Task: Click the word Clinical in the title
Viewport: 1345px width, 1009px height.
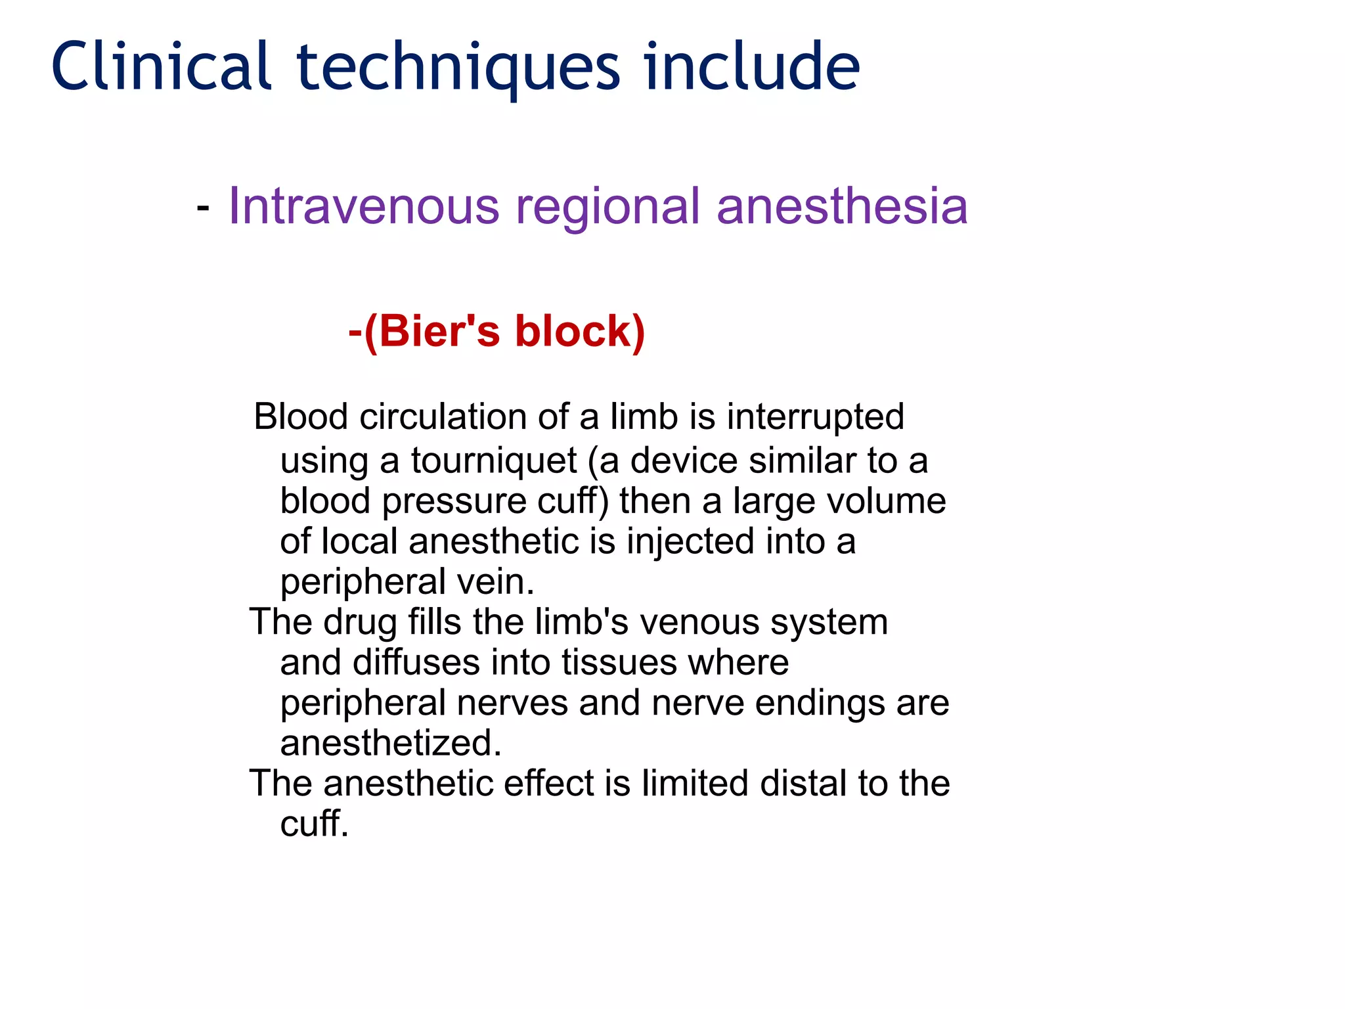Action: click(x=162, y=66)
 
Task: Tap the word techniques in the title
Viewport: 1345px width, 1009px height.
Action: click(x=458, y=68)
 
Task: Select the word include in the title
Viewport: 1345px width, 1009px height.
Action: click(x=751, y=66)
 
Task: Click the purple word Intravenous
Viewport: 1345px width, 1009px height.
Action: click(x=364, y=206)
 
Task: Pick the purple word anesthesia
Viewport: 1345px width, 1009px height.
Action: click(x=842, y=206)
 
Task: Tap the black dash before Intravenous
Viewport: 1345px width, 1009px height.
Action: click(x=203, y=208)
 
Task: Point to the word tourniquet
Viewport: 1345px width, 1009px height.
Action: click(x=494, y=461)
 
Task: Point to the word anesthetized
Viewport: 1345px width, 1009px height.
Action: click(x=391, y=744)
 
